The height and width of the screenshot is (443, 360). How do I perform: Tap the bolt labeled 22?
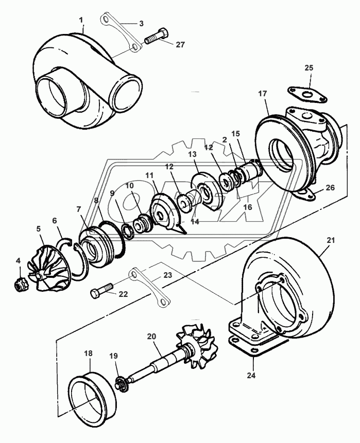100,294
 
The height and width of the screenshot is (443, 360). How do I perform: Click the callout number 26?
330,188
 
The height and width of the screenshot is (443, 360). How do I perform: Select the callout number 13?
192,154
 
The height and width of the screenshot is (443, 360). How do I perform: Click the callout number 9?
112,194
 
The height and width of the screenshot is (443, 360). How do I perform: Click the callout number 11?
149,175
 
